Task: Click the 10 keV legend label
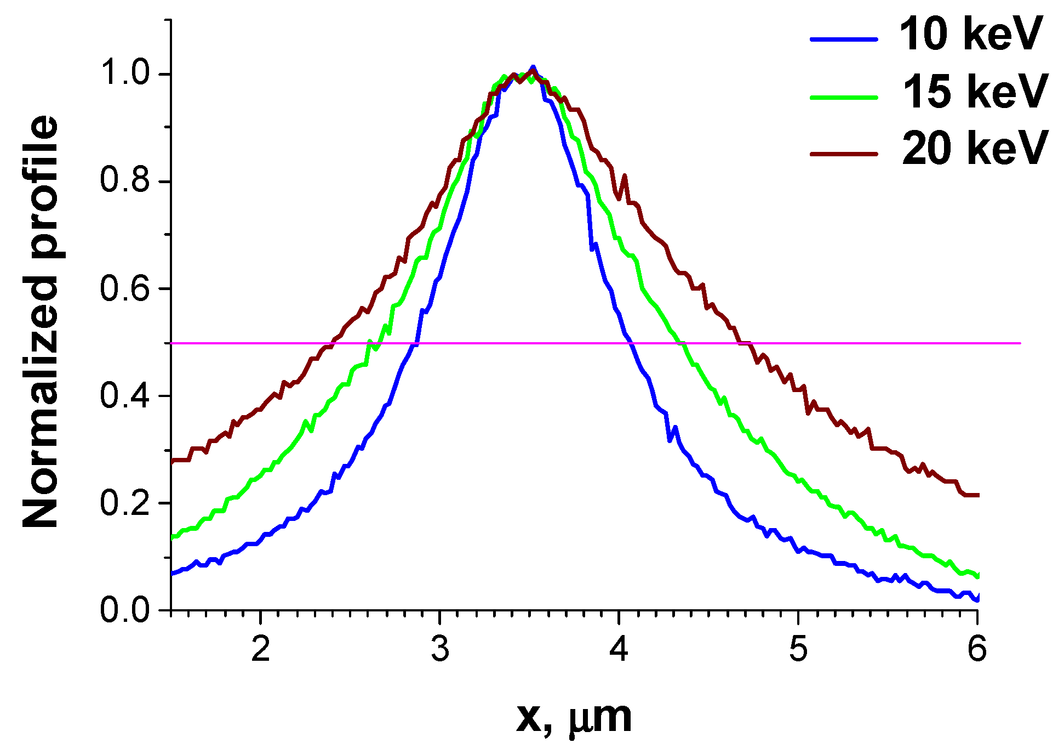click(970, 35)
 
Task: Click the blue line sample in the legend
click(844, 39)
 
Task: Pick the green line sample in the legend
click(844, 97)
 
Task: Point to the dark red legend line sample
click(844, 154)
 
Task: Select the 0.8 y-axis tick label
click(125, 180)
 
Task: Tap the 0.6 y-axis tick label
click(125, 288)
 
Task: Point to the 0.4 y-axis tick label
click(125, 395)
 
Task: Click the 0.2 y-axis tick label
click(125, 503)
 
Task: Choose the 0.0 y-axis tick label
click(125, 610)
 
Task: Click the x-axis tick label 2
click(261, 649)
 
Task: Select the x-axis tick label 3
click(440, 649)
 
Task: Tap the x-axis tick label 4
click(619, 649)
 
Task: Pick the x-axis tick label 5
click(798, 649)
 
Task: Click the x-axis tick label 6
click(977, 649)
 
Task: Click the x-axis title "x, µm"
click(574, 718)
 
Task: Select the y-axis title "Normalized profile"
click(41, 322)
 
